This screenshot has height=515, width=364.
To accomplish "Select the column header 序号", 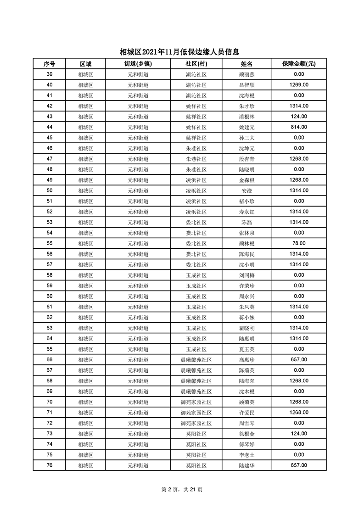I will click(49, 64).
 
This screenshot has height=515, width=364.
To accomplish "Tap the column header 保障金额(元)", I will click(298, 64).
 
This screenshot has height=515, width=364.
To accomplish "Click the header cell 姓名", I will click(246, 64).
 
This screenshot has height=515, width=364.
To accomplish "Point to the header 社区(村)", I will click(196, 64).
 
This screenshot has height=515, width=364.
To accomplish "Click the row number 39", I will click(49, 74).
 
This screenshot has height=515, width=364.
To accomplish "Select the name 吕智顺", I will click(246, 85).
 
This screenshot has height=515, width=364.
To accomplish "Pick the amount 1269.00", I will click(298, 85).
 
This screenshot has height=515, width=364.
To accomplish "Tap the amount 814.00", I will click(298, 127).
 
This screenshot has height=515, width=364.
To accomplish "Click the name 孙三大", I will click(246, 138).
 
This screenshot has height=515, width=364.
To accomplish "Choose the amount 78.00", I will click(298, 243).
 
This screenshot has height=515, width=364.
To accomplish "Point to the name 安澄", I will click(246, 190).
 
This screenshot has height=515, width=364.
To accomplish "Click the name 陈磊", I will click(246, 222).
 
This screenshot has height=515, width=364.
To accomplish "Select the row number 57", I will click(49, 264).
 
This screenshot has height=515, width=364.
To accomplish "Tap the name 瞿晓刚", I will click(246, 328).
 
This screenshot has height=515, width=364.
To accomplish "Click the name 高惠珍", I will click(246, 360).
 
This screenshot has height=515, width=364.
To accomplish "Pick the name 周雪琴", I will click(246, 423).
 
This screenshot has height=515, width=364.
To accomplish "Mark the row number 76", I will click(49, 465).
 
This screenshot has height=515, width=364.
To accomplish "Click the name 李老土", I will click(246, 455).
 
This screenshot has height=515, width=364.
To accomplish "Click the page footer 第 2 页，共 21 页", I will click(182, 489).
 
